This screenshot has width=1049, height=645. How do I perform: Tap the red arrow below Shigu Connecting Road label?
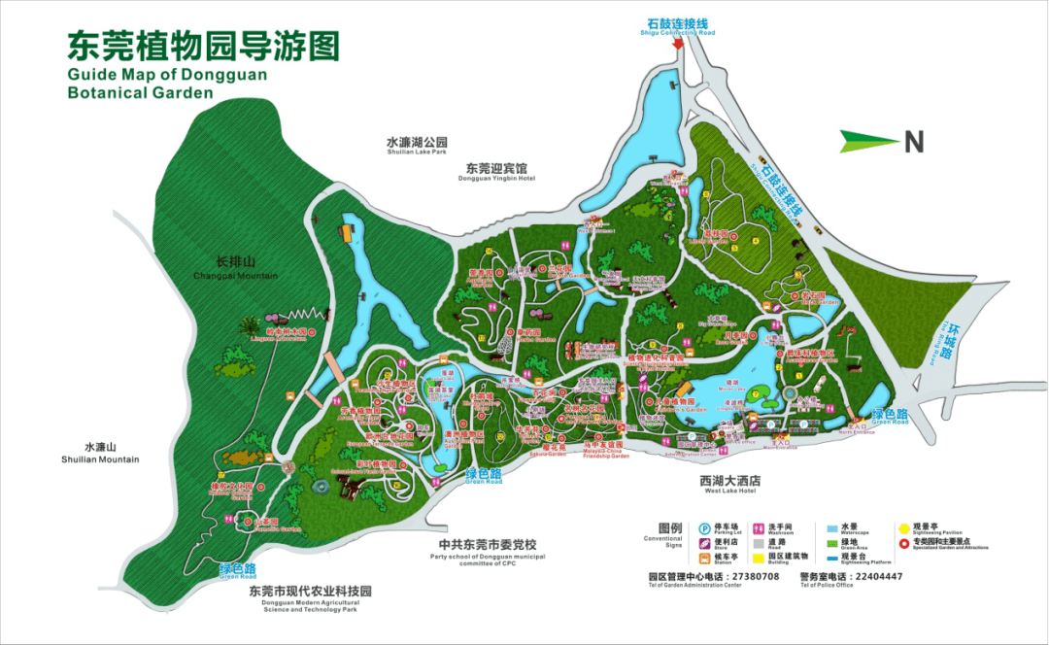677,44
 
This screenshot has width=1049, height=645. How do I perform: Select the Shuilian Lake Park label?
416,146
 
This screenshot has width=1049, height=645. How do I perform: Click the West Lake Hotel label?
730,485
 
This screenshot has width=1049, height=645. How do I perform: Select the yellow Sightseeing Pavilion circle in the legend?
903,528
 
